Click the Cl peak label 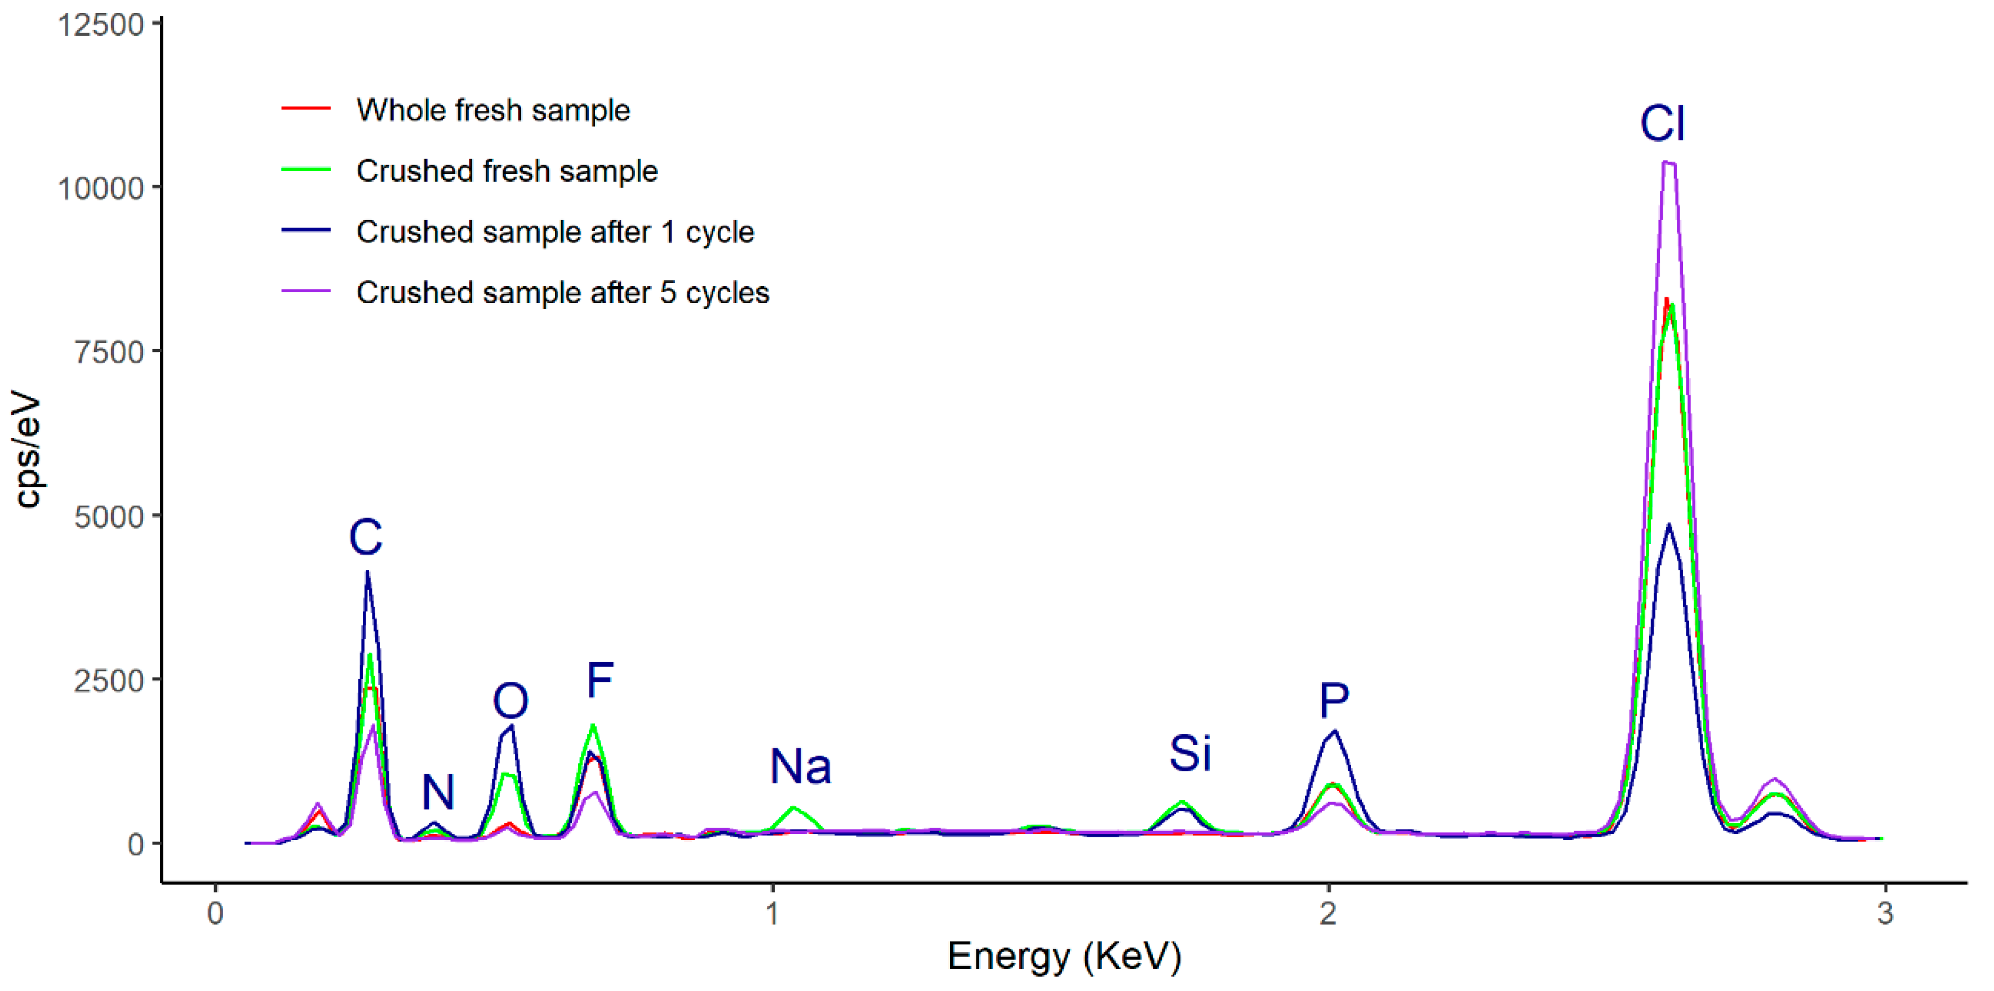pyautogui.click(x=1662, y=124)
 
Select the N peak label pyautogui.click(x=438, y=792)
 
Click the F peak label pyautogui.click(x=600, y=680)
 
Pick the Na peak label pyautogui.click(x=801, y=767)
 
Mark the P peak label pyautogui.click(x=1334, y=701)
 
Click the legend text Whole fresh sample pyautogui.click(x=493, y=110)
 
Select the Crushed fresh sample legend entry pyautogui.click(x=507, y=171)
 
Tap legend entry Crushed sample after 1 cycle pyautogui.click(x=555, y=232)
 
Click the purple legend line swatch pyautogui.click(x=306, y=292)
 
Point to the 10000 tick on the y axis pyautogui.click(x=101, y=188)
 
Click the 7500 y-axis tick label pyautogui.click(x=109, y=352)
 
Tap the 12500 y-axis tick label pyautogui.click(x=101, y=25)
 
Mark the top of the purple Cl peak pyautogui.click(x=1669, y=163)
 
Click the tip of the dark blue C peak pyautogui.click(x=368, y=573)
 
